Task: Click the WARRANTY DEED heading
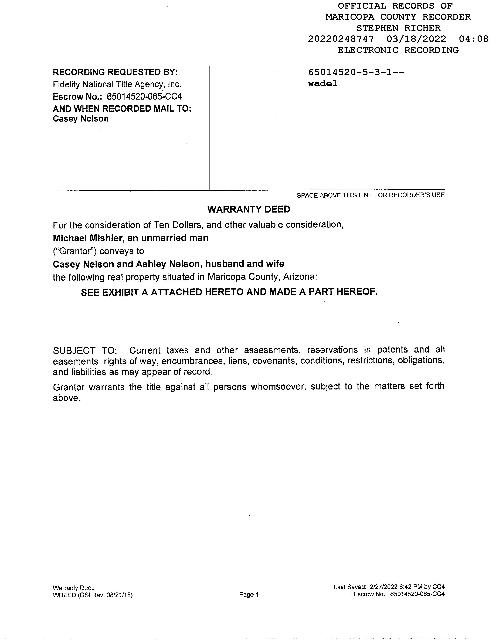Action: point(248,209)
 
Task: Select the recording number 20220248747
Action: point(341,39)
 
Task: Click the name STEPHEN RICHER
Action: point(398,28)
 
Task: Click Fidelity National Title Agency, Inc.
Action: point(117,85)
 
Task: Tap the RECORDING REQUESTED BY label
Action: point(115,72)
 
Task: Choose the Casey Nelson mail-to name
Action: point(81,119)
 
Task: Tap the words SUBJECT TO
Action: point(85,351)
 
